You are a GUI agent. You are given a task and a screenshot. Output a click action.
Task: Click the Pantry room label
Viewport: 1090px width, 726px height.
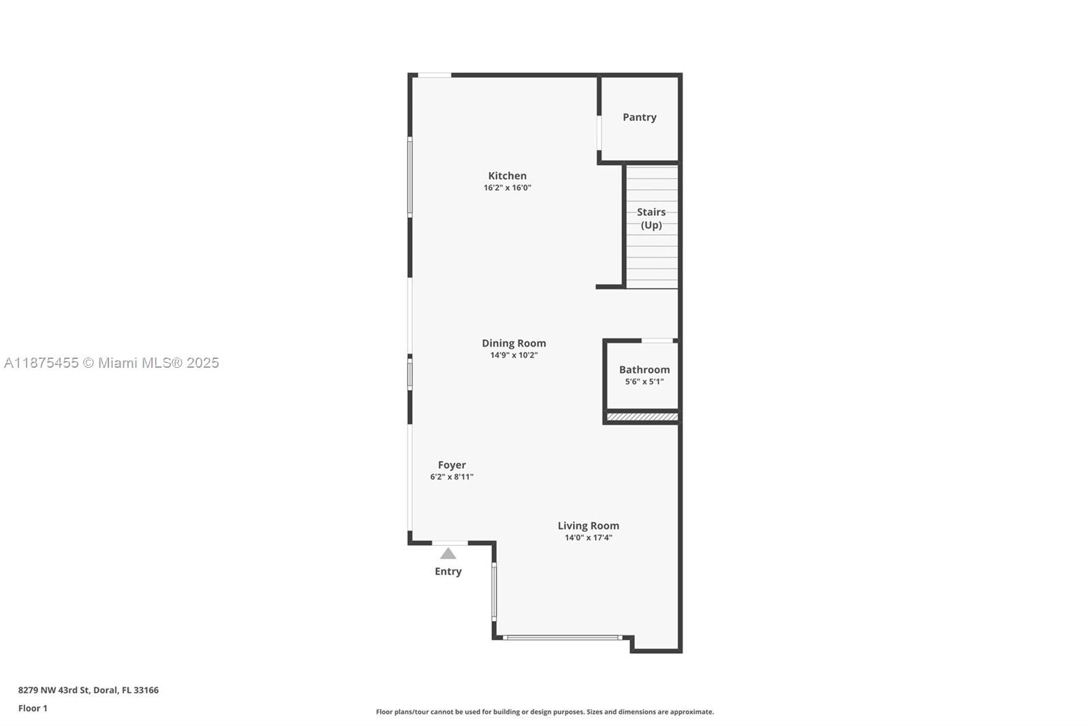pos(639,117)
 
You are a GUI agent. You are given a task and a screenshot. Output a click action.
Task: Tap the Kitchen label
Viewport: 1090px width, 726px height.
pos(507,176)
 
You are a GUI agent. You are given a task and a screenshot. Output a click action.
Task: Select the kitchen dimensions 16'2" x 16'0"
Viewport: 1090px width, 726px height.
pos(507,188)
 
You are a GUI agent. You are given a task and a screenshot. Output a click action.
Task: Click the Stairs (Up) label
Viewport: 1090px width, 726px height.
pos(651,218)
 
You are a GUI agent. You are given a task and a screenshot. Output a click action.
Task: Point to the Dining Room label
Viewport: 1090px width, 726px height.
pos(514,343)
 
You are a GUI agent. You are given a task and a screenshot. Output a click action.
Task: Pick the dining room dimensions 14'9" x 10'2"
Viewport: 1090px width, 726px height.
pos(514,355)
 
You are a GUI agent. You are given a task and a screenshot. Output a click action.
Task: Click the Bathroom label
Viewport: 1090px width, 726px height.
pos(644,370)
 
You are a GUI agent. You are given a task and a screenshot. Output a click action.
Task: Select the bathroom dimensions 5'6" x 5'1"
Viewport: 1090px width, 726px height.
pos(644,381)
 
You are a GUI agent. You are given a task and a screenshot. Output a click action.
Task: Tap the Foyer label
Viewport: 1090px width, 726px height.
pos(452,465)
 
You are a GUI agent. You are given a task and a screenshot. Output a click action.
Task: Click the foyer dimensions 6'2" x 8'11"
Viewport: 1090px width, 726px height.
pos(452,477)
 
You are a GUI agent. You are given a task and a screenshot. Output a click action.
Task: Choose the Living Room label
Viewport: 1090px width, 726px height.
pos(588,526)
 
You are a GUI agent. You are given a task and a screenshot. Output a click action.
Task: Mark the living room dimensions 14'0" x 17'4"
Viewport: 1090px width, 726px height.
pos(588,537)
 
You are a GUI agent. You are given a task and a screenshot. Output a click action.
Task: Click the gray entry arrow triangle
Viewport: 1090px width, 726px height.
pos(448,554)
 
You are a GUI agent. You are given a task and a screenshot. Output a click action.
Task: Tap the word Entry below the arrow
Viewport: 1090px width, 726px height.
pos(448,571)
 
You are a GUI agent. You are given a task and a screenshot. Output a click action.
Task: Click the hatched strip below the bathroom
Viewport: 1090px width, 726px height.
pos(642,417)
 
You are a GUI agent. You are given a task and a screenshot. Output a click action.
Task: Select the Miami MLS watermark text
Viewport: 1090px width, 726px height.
pos(112,363)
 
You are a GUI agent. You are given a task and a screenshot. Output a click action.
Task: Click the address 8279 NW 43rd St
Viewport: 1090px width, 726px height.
pos(88,690)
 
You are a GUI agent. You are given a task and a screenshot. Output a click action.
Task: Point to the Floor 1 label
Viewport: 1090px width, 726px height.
pos(33,708)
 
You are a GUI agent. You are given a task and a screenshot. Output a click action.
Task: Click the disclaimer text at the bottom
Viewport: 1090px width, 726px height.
pos(544,712)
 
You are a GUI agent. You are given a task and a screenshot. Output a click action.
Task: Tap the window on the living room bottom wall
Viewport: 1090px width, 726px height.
pos(562,638)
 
